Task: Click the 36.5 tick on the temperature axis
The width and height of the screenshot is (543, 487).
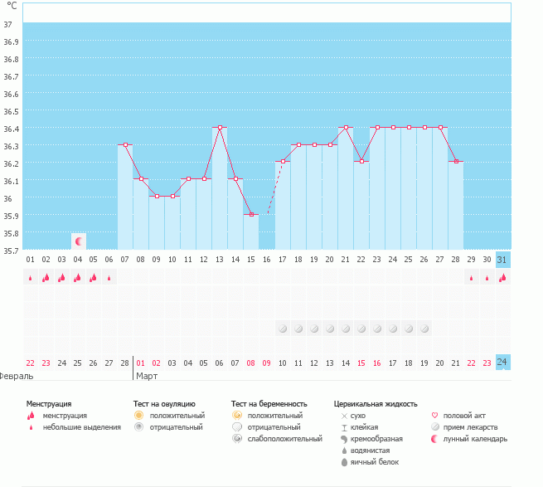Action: [12, 111]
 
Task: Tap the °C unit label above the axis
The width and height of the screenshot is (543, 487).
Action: [12, 6]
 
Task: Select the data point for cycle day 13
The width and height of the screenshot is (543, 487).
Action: [220, 128]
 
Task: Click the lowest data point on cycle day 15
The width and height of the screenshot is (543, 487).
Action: [251, 215]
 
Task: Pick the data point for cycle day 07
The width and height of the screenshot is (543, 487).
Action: [125, 145]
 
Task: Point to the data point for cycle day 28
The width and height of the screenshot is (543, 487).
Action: [456, 162]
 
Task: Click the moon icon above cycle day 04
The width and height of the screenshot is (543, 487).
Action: [79, 241]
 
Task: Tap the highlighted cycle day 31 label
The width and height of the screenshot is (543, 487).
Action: [502, 260]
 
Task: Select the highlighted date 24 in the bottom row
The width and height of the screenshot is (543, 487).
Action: [502, 363]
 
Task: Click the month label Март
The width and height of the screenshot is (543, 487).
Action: [146, 376]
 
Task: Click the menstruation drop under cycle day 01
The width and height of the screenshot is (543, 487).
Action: [31, 278]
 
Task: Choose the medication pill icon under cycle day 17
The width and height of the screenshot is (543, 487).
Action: [283, 329]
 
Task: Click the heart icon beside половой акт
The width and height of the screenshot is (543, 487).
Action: [435, 415]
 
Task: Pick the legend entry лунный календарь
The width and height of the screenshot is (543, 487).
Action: [474, 439]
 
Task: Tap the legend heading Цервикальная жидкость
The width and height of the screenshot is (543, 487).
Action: [375, 403]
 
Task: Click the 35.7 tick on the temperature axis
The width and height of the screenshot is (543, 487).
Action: [12, 250]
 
